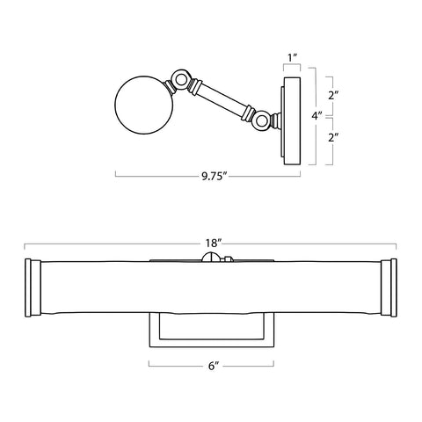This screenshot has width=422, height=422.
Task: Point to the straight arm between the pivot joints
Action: click(222, 98)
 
